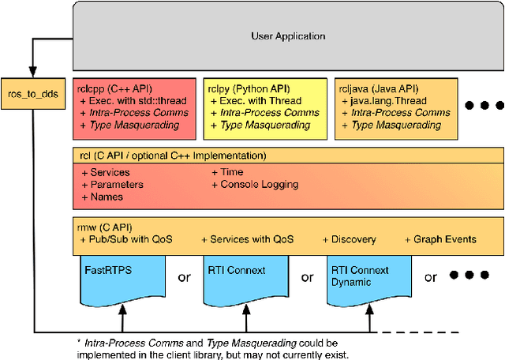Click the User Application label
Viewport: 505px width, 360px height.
(287, 36)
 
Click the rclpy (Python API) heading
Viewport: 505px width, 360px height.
(246, 89)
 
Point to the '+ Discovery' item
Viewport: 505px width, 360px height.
(349, 239)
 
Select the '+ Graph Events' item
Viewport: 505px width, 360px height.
(440, 239)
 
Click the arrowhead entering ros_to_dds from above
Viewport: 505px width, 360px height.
(32, 73)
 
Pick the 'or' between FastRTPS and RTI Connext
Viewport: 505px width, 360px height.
(184, 277)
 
